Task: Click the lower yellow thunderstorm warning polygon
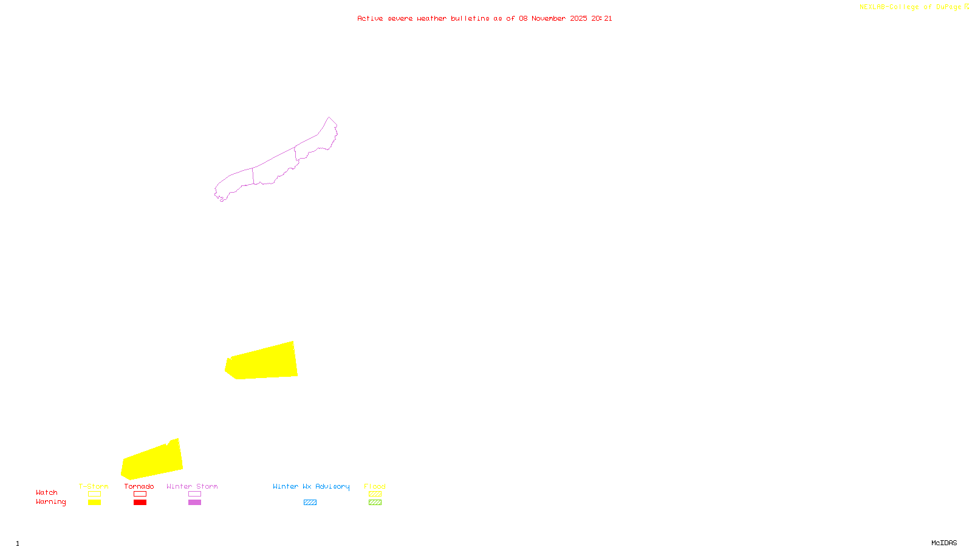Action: pyautogui.click(x=152, y=462)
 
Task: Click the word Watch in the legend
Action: pyautogui.click(x=47, y=493)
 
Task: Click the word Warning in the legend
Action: pyautogui.click(x=51, y=502)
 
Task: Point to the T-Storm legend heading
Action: pyautogui.click(x=94, y=486)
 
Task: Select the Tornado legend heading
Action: pyautogui.click(x=139, y=486)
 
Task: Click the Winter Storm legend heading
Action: pyautogui.click(x=192, y=486)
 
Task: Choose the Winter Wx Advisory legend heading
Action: pyautogui.click(x=311, y=486)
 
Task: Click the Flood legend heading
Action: pyautogui.click(x=375, y=486)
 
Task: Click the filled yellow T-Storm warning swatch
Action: pyautogui.click(x=94, y=503)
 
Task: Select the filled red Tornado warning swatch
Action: pyautogui.click(x=140, y=503)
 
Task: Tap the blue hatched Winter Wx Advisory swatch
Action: pyautogui.click(x=310, y=503)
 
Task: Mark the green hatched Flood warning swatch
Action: pyautogui.click(x=375, y=503)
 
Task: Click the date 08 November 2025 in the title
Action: pyautogui.click(x=553, y=18)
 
